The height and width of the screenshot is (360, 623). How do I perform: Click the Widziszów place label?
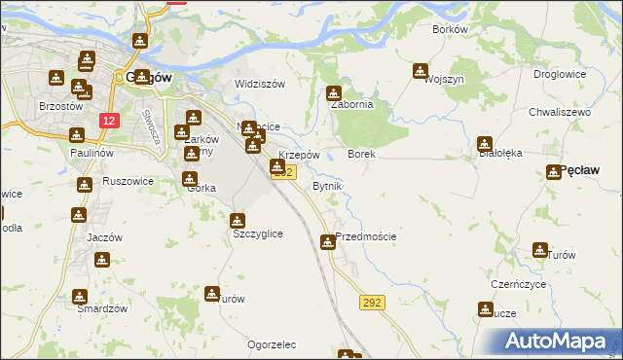[260, 84]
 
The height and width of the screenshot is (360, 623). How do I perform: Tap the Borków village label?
[450, 29]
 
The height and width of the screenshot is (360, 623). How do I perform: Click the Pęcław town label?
[580, 170]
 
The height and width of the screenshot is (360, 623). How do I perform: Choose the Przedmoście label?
[366, 236]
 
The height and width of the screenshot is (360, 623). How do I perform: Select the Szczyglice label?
[257, 234]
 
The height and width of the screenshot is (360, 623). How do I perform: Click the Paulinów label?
[92, 154]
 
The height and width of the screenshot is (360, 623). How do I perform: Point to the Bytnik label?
[326, 185]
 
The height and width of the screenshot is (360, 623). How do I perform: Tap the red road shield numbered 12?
[109, 121]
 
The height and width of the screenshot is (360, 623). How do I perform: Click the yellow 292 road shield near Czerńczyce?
[371, 304]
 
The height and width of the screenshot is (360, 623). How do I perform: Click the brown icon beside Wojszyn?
[420, 71]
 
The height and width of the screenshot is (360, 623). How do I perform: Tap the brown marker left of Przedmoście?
[328, 241]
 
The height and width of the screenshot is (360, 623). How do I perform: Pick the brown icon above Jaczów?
[79, 215]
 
